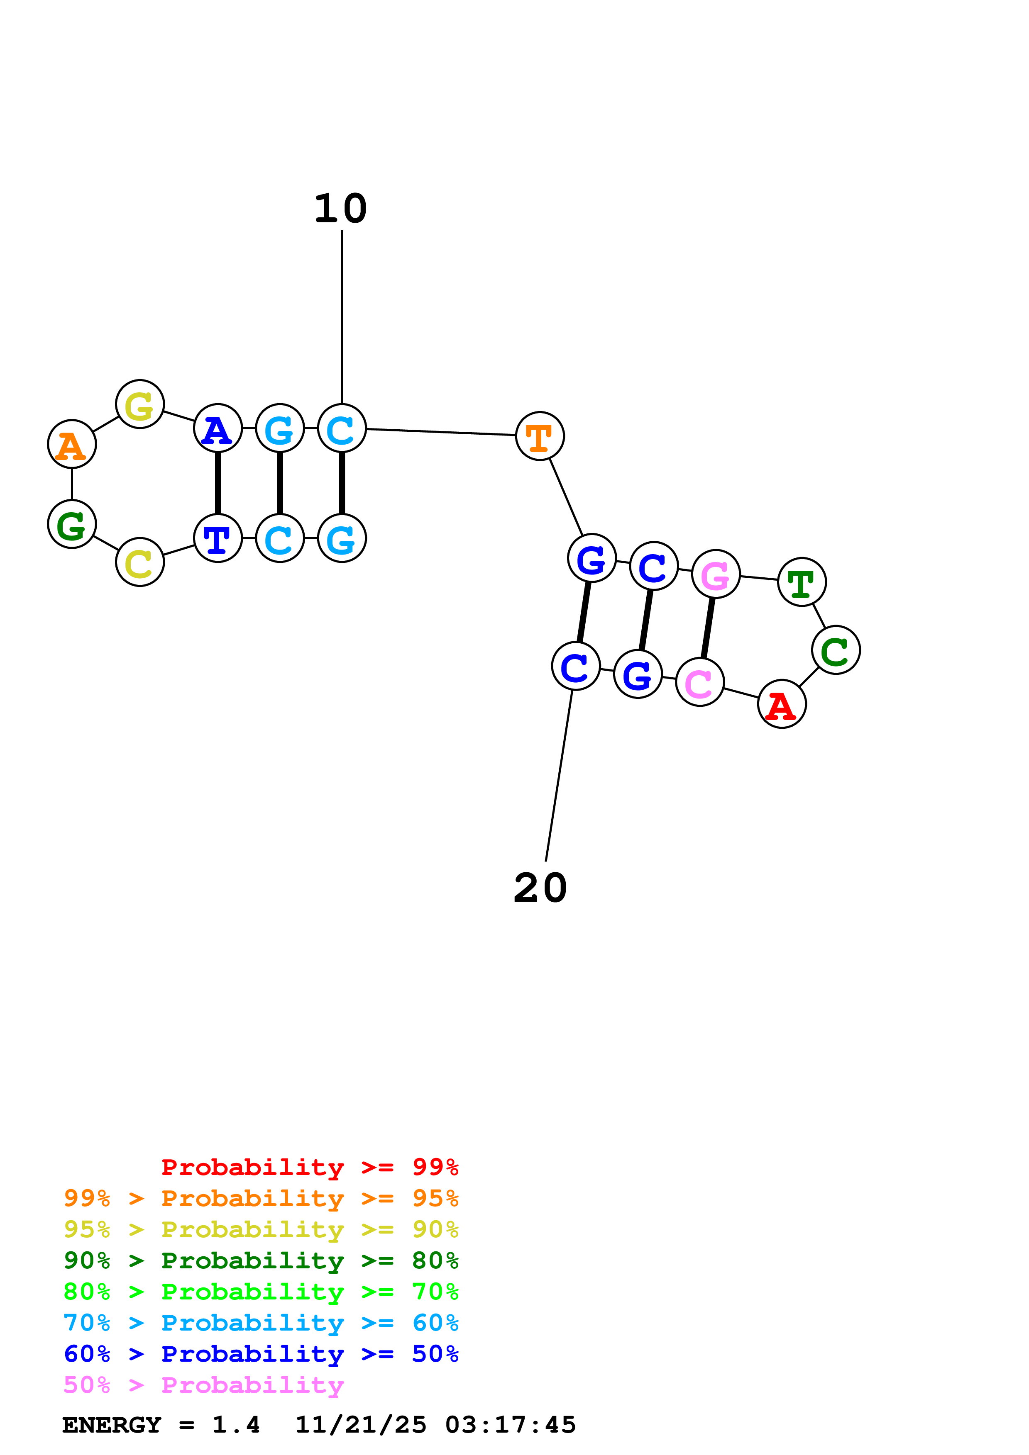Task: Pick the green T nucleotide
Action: (x=802, y=582)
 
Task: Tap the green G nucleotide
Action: (x=72, y=524)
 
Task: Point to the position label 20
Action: (x=540, y=888)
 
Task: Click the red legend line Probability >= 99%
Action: (x=309, y=1167)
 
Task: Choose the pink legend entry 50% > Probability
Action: (x=203, y=1385)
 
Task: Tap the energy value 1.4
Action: (x=236, y=1425)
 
